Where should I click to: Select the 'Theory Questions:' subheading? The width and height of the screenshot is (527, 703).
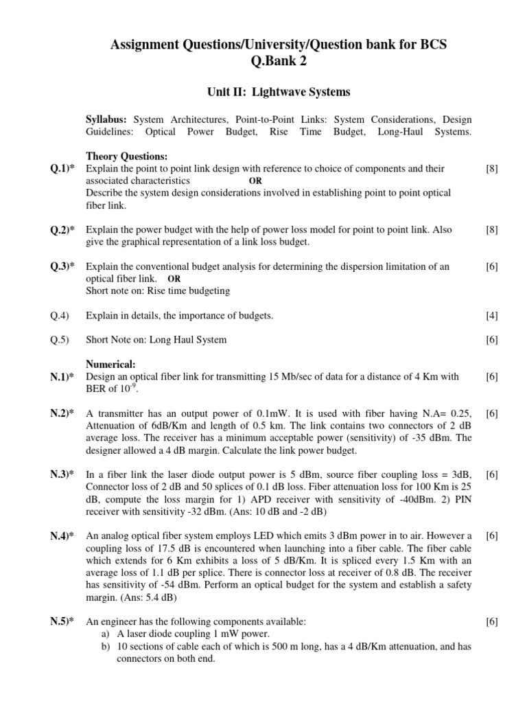[x=126, y=157]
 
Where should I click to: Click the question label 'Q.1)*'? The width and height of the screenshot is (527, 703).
[x=62, y=168]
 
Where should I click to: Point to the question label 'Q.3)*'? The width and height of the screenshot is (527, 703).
[x=62, y=267]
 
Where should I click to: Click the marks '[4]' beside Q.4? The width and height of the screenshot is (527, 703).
[x=491, y=316]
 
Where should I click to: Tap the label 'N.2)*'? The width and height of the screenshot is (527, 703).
[x=62, y=413]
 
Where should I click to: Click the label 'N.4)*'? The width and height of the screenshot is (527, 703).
[x=62, y=535]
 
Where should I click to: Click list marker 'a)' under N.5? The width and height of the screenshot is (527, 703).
[x=105, y=634]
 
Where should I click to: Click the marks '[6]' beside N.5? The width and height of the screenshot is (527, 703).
[x=491, y=621]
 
